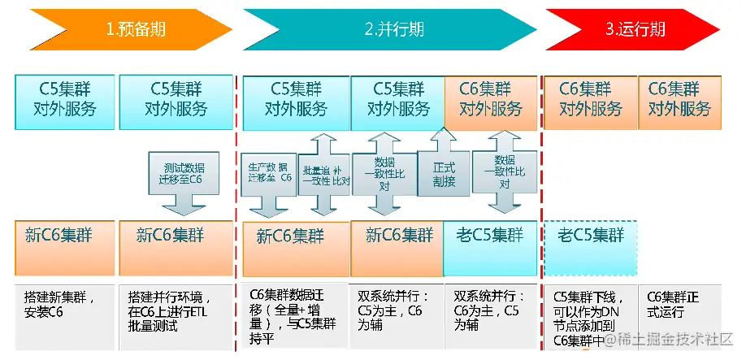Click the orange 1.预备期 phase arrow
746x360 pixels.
tap(130, 29)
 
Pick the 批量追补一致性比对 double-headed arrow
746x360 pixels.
tap(324, 174)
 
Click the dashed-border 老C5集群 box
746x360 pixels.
tap(590, 246)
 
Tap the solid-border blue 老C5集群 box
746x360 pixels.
tap(490, 246)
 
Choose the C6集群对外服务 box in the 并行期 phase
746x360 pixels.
tap(490, 101)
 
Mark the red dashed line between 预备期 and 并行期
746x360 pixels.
tap(236, 203)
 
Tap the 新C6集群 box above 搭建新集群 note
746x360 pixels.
tap(65, 246)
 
